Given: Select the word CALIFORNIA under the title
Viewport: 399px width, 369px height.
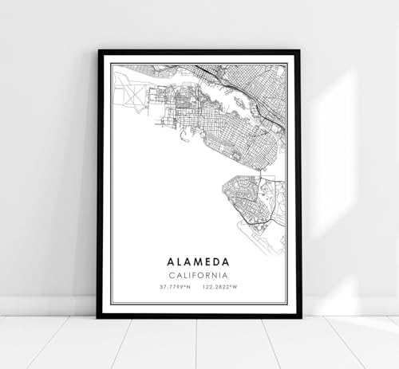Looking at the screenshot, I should [x=199, y=276].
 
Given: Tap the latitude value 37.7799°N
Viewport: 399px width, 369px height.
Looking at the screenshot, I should [x=175, y=288].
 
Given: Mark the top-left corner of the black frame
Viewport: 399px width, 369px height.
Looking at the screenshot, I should [x=99, y=52].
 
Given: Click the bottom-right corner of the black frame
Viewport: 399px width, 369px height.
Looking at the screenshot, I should [x=299, y=316].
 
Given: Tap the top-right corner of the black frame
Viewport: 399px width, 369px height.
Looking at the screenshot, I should [x=299, y=52].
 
